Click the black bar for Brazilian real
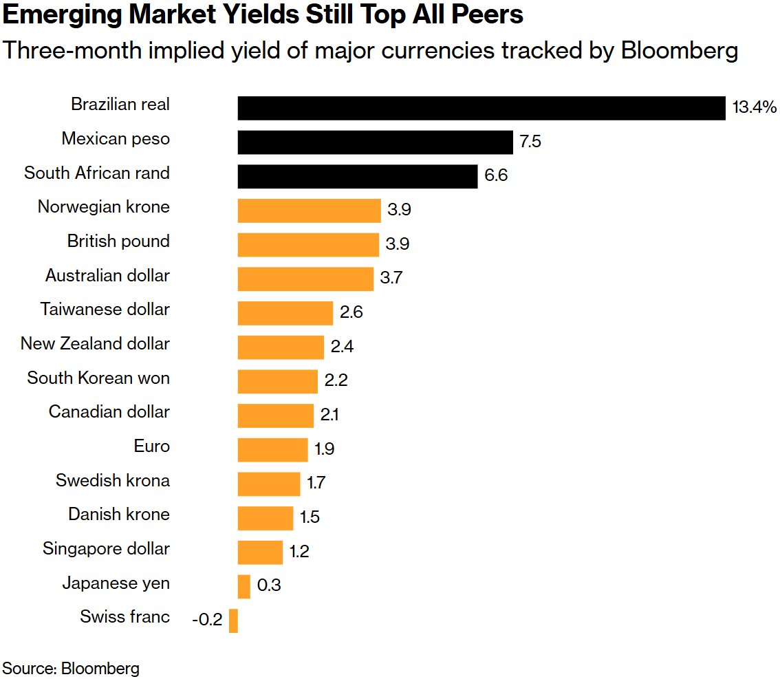tap(481, 108)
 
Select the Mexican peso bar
tap(375, 142)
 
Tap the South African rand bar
tap(357, 176)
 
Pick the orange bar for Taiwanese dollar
tap(285, 313)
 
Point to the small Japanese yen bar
tap(243, 586)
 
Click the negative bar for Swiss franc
tap(233, 621)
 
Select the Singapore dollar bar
tap(260, 552)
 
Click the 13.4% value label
tap(754, 108)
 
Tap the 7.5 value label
tap(530, 142)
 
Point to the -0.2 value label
tap(207, 621)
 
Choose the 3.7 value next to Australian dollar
tap(391, 279)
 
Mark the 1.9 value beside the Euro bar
tap(325, 450)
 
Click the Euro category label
tap(151, 446)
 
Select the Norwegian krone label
tap(103, 207)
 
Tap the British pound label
tap(118, 241)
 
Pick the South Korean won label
tap(98, 378)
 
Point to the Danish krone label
tap(118, 515)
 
